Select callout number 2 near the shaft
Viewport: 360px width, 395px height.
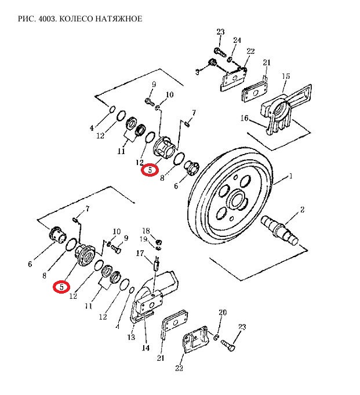302,209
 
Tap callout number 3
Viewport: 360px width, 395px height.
197,72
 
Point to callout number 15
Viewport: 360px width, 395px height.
286,76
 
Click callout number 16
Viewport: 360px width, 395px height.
245,118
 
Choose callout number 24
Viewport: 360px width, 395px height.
237,40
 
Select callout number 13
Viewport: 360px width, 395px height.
131,337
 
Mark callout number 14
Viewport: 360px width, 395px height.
145,348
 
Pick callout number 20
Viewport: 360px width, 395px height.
222,313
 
